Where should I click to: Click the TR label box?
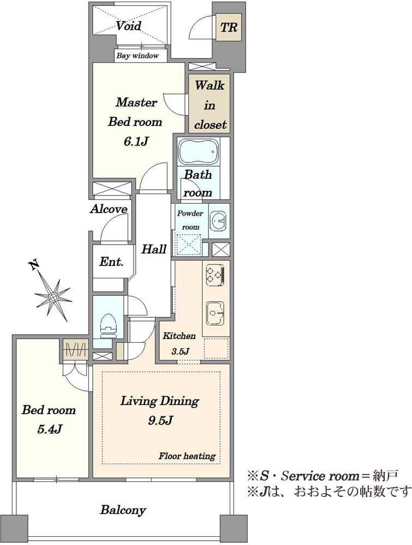pyautogui.click(x=229, y=27)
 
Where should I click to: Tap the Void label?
pyautogui.click(x=128, y=26)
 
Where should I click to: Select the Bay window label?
pyautogui.click(x=138, y=56)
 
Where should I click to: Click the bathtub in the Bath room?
pyautogui.click(x=198, y=152)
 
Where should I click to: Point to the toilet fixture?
pyautogui.click(x=108, y=326)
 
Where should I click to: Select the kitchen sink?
pyautogui.click(x=215, y=312)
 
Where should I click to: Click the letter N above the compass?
pyautogui.click(x=34, y=265)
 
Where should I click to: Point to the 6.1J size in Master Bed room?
pyautogui.click(x=136, y=142)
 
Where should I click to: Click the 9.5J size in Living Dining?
pyautogui.click(x=160, y=421)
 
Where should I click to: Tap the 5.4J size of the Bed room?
pyautogui.click(x=50, y=429)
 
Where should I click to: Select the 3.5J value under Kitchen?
pyautogui.click(x=180, y=351)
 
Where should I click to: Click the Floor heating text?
pyautogui.click(x=187, y=456)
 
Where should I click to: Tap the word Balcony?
pyautogui.click(x=123, y=510)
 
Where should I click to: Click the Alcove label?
pyautogui.click(x=109, y=209)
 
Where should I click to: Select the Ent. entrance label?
pyautogui.click(x=111, y=262)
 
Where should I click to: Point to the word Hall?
pyautogui.click(x=154, y=249)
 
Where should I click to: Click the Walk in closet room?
pyautogui.click(x=209, y=104)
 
